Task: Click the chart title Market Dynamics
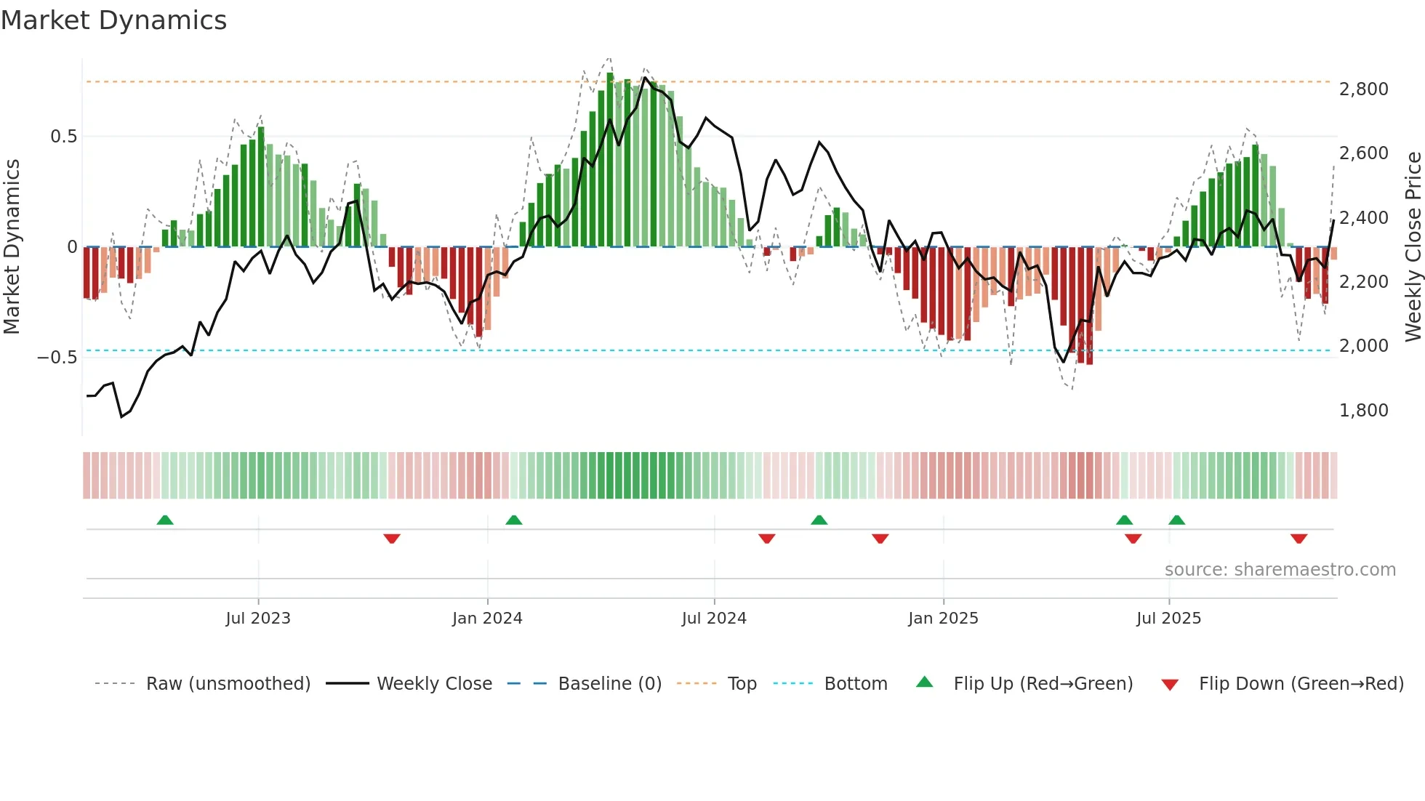click(x=113, y=20)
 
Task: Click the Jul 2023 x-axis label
click(x=257, y=619)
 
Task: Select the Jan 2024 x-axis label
click(x=486, y=619)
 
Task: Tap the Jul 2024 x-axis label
click(x=713, y=619)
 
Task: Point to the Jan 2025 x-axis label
click(x=943, y=619)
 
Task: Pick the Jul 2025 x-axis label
click(x=1168, y=619)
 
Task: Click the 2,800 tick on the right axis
click(x=1363, y=89)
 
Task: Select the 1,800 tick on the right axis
click(x=1363, y=411)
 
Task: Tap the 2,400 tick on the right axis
click(x=1363, y=218)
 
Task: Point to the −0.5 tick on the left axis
click(x=57, y=358)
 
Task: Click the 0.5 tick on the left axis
click(x=63, y=137)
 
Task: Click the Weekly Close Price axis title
click(x=1413, y=246)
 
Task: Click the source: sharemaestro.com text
click(x=1280, y=570)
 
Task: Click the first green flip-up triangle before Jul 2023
click(x=165, y=520)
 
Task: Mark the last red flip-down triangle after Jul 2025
click(x=1298, y=539)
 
